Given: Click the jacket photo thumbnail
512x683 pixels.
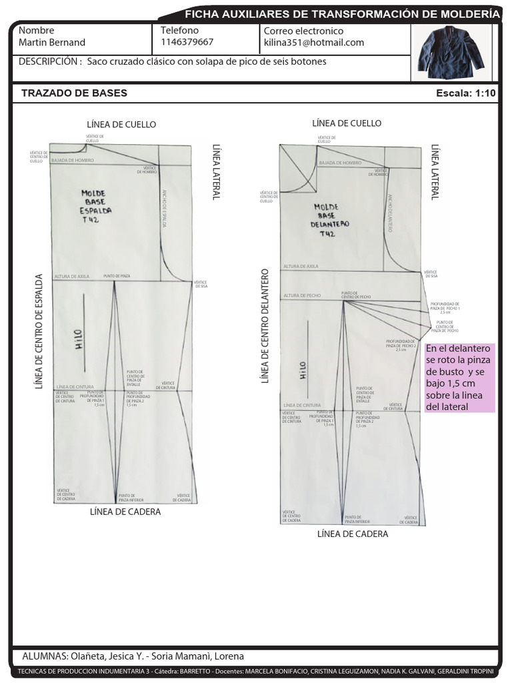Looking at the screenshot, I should [x=451, y=53].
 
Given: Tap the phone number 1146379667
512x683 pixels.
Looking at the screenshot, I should [x=187, y=42].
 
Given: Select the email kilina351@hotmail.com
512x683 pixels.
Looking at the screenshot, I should [x=314, y=42].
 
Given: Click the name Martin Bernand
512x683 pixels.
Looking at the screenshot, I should [x=52, y=42].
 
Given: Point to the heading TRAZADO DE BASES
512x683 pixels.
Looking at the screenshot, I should [x=74, y=93].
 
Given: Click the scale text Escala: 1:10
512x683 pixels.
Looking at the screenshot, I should [x=465, y=93].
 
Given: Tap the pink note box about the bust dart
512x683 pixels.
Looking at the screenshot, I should [x=459, y=378].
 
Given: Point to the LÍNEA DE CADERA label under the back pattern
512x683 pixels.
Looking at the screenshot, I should [x=125, y=512].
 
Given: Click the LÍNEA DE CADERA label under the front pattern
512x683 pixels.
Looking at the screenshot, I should [x=353, y=534].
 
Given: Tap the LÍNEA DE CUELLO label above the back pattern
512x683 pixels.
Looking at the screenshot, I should [x=121, y=125].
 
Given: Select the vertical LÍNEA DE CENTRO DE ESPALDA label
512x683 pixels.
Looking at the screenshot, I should [x=39, y=331].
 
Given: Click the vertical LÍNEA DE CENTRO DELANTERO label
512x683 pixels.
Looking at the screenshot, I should [x=265, y=326].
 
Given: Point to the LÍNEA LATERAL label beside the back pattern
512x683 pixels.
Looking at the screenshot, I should [x=216, y=171].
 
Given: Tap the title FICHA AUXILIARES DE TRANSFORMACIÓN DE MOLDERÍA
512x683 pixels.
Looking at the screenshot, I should [x=341, y=13].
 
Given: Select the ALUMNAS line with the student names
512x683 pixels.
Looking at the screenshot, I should [x=133, y=656].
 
